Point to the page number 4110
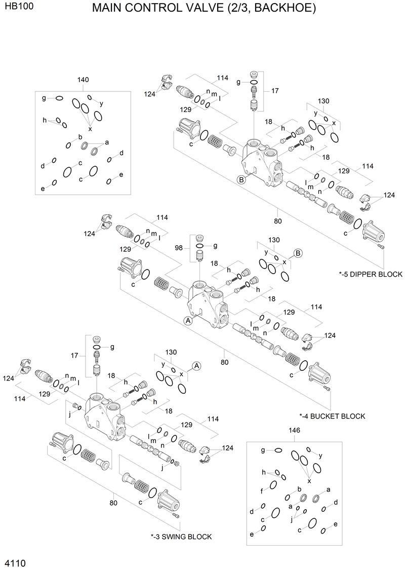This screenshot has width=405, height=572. point(15,563)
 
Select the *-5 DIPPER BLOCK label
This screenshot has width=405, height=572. point(371,274)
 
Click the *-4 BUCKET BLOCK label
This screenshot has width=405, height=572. point(332,416)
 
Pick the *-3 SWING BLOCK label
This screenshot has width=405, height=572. point(181,537)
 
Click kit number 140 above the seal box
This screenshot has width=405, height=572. point(83,80)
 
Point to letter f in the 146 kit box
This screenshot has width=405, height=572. point(262,490)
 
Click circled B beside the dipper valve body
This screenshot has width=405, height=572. point(241,179)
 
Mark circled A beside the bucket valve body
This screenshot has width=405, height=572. point(187,320)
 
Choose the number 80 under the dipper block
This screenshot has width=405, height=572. point(277,221)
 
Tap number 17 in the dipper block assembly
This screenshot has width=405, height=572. point(275,91)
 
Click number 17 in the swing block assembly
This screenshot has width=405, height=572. point(74,356)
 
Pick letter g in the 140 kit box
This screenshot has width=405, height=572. point(44,98)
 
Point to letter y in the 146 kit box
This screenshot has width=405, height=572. point(320,455)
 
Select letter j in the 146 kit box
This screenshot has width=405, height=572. point(292,519)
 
